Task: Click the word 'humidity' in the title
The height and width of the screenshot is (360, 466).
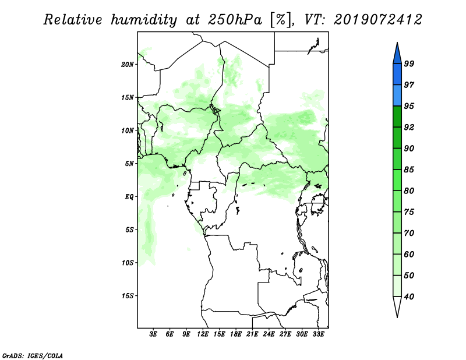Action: click(144, 20)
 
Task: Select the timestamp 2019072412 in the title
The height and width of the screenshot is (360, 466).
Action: click(377, 20)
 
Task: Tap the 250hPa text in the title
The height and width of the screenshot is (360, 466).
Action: click(235, 20)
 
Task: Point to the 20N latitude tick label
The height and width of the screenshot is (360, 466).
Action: click(128, 65)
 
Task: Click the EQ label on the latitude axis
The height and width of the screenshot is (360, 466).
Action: click(129, 197)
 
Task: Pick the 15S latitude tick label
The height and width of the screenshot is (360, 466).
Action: click(128, 296)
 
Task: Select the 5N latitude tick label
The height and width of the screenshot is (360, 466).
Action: click(129, 164)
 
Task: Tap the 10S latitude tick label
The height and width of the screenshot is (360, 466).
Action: click(128, 263)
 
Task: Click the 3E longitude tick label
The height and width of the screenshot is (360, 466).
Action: click(153, 334)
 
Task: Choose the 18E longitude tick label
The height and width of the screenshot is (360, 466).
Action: click(235, 334)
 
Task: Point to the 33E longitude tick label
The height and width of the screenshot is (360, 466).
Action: click(318, 334)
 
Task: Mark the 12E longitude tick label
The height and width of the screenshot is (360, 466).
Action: click(202, 334)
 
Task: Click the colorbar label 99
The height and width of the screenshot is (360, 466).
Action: click(409, 63)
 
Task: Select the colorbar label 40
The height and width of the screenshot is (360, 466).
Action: click(409, 297)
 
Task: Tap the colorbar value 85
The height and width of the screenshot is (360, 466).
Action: click(409, 170)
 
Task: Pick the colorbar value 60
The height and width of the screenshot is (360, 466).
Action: click(409, 254)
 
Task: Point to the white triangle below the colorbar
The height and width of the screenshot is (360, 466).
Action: click(397, 305)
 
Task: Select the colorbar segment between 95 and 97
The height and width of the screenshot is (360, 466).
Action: click(397, 96)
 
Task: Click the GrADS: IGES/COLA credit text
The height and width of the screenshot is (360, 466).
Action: click(33, 356)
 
